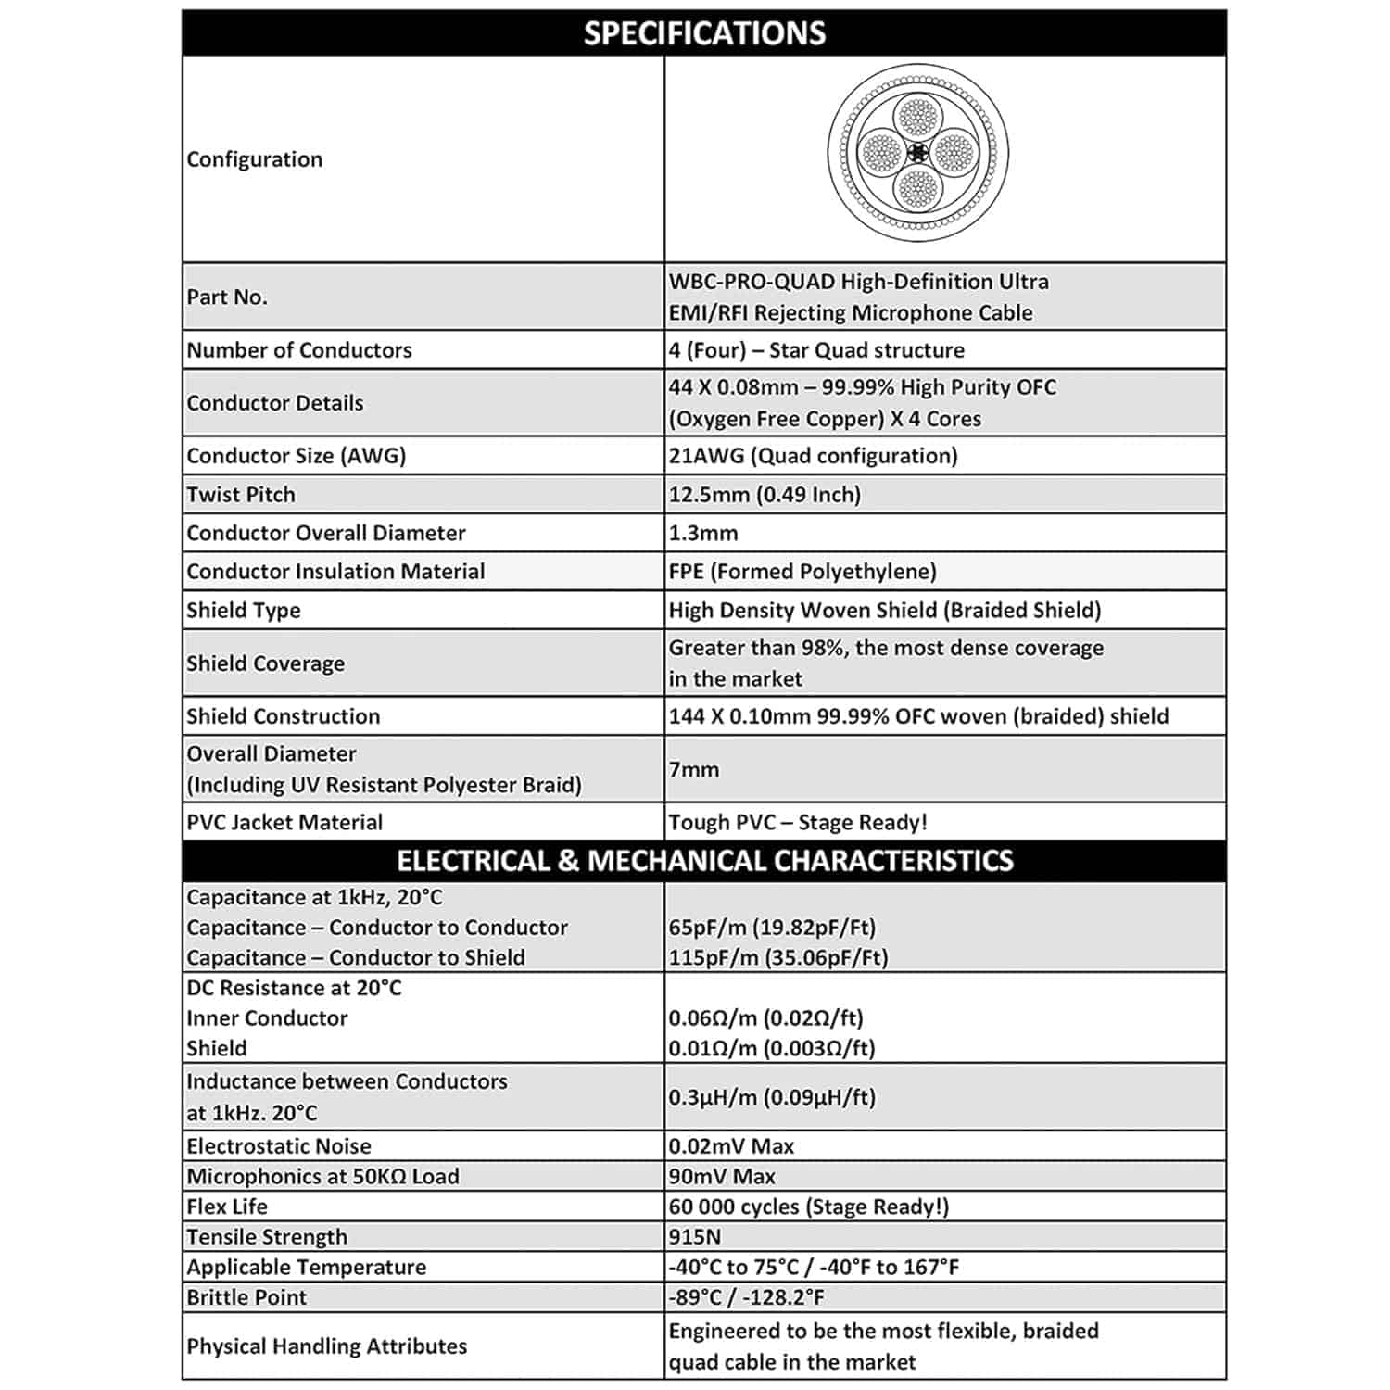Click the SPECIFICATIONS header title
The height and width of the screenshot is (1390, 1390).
click(704, 33)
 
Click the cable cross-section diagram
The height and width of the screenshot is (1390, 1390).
click(917, 153)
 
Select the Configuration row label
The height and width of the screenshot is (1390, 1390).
click(255, 159)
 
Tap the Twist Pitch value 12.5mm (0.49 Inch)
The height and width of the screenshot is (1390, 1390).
click(764, 495)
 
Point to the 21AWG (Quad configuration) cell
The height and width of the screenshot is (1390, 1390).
click(813, 456)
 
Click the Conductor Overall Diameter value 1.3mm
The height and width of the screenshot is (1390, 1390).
click(703, 534)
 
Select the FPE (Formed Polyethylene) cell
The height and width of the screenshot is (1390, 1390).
click(802, 572)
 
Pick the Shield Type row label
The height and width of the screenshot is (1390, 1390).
click(244, 611)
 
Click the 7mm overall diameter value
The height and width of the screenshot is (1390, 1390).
click(694, 769)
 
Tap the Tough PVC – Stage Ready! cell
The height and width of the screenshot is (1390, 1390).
click(798, 823)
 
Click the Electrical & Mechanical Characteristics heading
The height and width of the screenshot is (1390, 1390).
click(704, 861)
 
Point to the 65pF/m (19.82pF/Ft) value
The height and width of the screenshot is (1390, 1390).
click(772, 928)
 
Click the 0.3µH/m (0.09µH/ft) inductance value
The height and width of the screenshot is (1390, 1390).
click(772, 1097)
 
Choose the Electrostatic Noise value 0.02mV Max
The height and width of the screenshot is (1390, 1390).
click(731, 1146)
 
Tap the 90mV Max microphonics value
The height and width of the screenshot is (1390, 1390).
click(722, 1177)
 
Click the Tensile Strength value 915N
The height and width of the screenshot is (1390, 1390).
click(695, 1237)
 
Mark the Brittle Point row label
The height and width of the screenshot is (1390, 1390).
click(246, 1297)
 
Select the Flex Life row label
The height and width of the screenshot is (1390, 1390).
click(227, 1207)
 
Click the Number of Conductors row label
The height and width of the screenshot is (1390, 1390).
click(299, 350)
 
